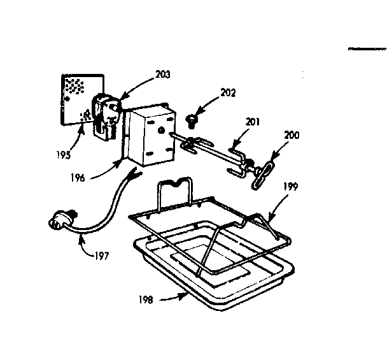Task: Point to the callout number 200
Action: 292,136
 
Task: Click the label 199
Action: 290,188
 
